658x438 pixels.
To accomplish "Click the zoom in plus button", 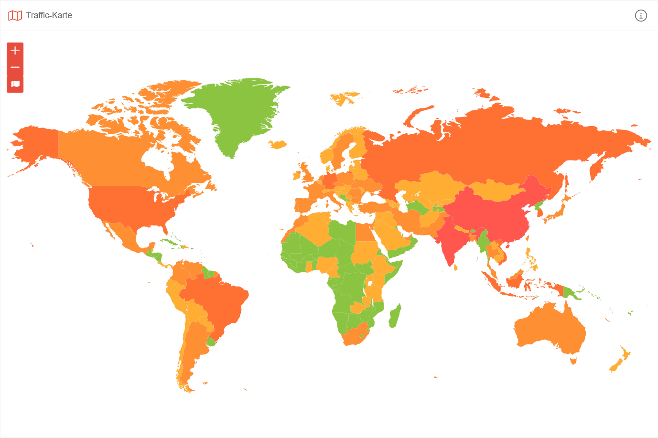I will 15,51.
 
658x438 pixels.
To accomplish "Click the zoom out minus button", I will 15,67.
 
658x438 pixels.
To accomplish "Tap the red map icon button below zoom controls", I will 15,84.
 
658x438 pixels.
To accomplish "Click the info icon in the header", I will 641,16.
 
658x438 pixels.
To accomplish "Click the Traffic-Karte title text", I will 49,15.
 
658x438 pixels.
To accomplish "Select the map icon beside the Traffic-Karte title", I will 15,16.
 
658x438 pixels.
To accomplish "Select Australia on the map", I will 550,325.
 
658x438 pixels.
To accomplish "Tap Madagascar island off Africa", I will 394,317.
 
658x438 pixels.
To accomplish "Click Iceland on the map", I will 277,144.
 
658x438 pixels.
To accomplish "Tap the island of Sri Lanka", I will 455,267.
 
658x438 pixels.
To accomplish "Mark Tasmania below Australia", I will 573,361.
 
